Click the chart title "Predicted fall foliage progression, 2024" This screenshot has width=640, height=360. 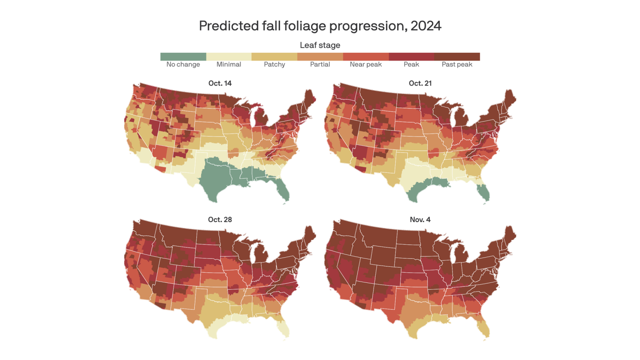pos(320,26)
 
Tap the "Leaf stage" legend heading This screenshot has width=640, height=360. pos(320,45)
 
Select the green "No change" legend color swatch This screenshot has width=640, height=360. pos(183,57)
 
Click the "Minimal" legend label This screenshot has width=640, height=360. pos(229,65)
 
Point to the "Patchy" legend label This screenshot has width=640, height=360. pos(275,65)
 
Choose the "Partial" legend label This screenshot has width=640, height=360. pos(320,65)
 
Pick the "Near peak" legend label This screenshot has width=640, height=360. pos(365,65)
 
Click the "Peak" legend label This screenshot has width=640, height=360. pos(411,65)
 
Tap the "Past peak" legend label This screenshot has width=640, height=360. pos(457,65)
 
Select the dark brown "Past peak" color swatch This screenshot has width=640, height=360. pos(457,57)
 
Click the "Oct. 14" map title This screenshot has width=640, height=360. pos(220,83)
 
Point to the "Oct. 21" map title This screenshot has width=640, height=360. pos(420,83)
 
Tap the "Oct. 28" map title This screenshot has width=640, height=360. pos(220,220)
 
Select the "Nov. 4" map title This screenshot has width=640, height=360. pos(420,220)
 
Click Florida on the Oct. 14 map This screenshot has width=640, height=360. pos(283,190)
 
